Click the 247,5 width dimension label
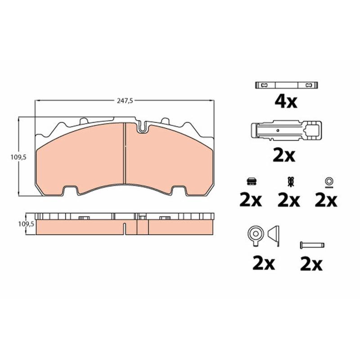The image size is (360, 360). tap(125, 101)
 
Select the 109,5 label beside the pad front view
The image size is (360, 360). tap(18, 157)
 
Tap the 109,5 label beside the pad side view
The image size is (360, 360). tap(26, 224)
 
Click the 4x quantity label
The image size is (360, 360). tap(286, 102)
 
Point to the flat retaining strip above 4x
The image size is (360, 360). tap(287, 85)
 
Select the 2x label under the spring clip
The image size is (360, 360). tap(284, 156)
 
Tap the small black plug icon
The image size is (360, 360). tap(252, 182)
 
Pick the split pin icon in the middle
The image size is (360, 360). tap(290, 182)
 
